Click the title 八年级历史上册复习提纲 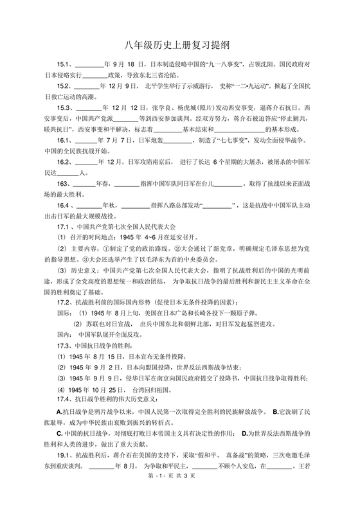pos(179,46)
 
